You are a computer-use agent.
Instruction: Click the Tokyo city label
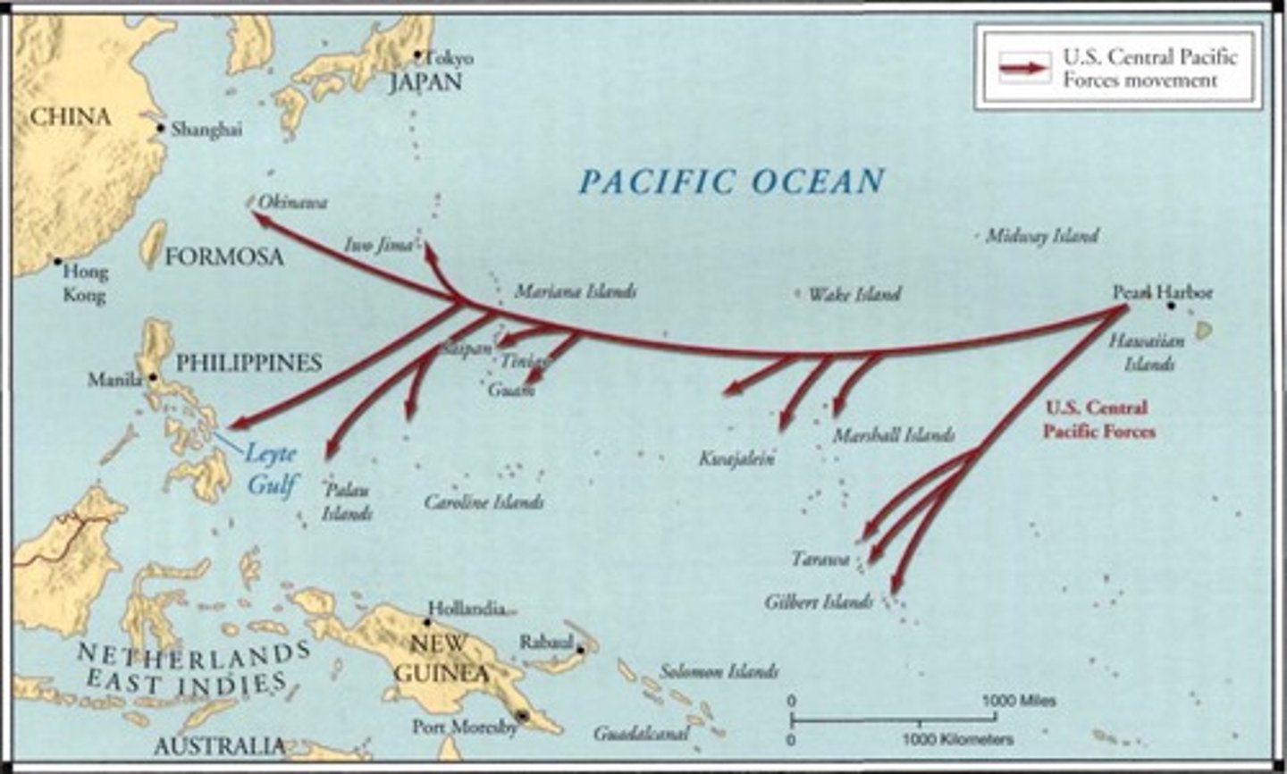point(450,58)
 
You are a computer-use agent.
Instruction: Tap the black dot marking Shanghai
point(161,128)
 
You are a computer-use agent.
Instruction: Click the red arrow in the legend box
point(1024,69)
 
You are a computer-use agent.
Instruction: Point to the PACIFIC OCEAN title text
point(731,181)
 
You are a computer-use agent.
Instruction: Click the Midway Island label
point(1041,236)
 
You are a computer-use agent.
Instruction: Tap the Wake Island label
point(854,294)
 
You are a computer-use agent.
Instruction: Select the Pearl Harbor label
point(1162,292)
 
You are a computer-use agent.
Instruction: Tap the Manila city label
point(114,380)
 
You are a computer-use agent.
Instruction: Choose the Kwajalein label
point(736,459)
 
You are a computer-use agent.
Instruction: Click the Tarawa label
point(820,559)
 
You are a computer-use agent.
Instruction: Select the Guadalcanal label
point(642,734)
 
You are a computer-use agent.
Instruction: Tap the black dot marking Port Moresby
point(523,717)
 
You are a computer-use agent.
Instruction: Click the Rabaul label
point(545,643)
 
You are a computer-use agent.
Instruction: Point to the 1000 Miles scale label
point(1019,700)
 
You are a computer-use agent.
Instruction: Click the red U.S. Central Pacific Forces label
point(1098,419)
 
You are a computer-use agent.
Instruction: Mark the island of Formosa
point(154,245)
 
